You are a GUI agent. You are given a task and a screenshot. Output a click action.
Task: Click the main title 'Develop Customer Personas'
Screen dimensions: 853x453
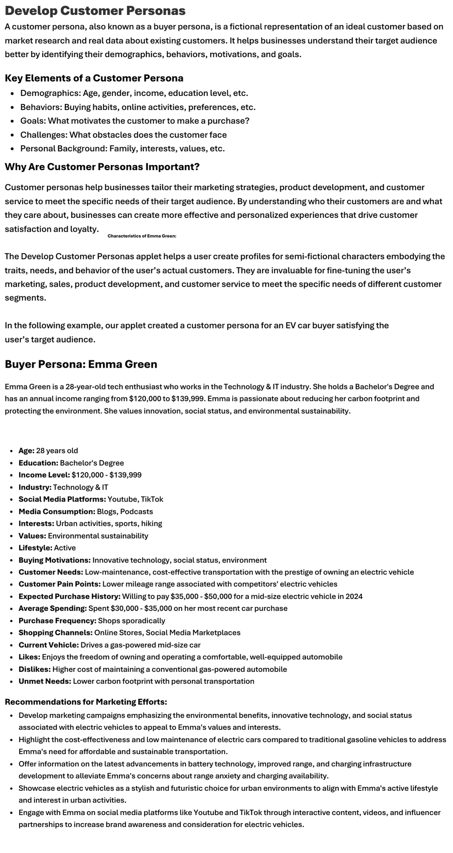coord(95,11)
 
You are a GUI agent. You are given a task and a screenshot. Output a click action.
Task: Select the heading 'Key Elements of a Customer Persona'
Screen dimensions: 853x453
coord(94,78)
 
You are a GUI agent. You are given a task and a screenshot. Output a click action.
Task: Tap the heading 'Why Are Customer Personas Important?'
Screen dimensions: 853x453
coord(102,167)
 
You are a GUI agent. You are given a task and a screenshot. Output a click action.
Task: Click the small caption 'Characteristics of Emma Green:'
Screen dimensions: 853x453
coord(142,236)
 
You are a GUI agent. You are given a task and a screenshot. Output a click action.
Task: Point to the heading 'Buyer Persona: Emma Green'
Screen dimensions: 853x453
coord(81,364)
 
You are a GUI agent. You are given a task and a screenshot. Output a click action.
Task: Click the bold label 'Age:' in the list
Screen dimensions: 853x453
coord(26,451)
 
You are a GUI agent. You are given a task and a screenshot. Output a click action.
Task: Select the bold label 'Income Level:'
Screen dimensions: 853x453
coord(44,475)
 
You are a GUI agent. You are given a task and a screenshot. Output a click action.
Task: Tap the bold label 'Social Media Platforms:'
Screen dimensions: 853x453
coord(62,499)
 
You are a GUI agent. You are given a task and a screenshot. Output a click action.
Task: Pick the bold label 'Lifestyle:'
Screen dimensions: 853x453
coord(35,548)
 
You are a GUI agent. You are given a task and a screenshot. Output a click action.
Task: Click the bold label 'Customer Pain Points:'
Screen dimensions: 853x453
coord(59,584)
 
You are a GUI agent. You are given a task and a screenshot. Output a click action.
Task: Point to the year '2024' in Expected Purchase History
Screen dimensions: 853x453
coord(354,596)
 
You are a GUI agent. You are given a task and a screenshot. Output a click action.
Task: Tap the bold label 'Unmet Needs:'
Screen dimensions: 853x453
coord(45,682)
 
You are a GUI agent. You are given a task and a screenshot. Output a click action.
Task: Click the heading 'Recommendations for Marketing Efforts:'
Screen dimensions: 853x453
coord(86,702)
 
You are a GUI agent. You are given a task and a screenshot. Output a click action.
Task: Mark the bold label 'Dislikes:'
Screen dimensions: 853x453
coord(35,669)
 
